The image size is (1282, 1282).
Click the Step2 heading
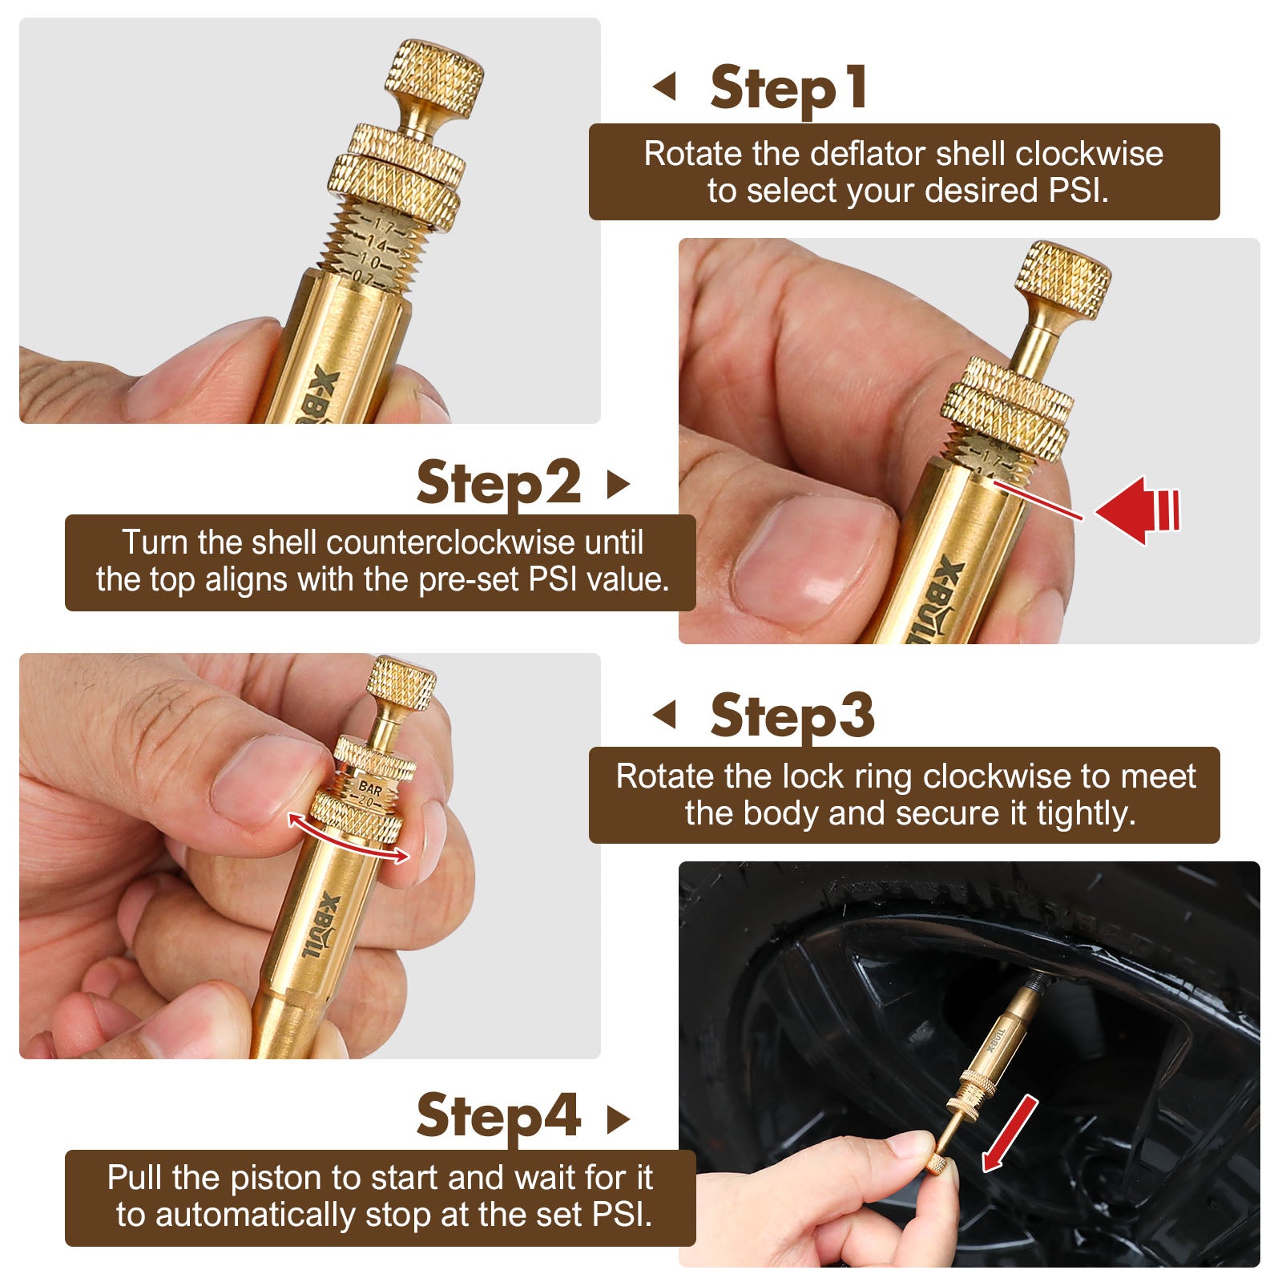498,483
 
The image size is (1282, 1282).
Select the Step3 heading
792,715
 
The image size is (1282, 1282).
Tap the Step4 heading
498,1115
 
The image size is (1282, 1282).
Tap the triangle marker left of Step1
665,87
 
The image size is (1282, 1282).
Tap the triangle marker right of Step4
618,1119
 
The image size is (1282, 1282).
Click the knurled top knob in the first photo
436,79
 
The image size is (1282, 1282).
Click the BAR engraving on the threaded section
369,788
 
